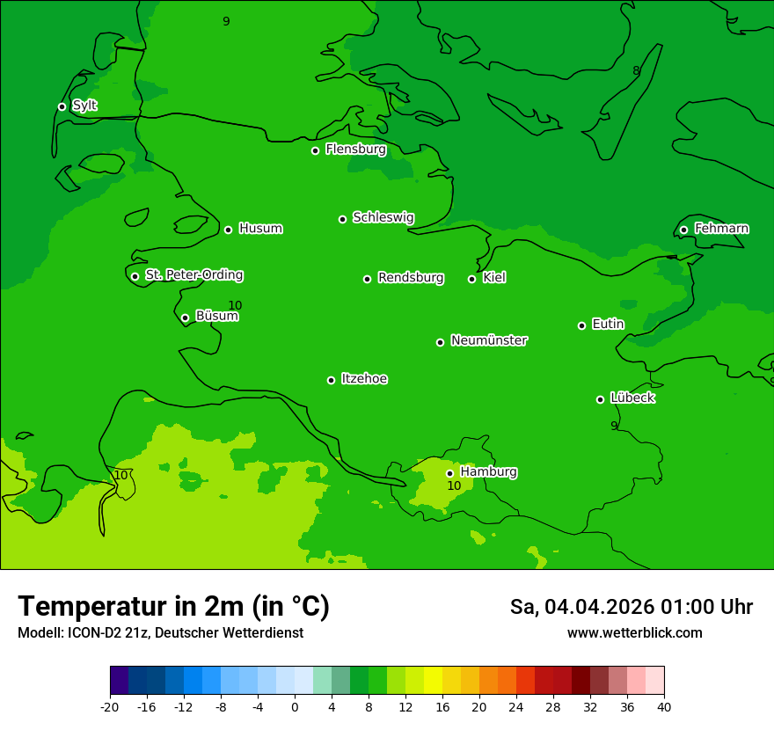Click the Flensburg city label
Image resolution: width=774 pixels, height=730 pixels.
(355, 150)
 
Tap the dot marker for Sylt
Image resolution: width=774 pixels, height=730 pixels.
(62, 106)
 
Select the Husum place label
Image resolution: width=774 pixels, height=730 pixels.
(260, 229)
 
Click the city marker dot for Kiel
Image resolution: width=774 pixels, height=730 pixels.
(471, 279)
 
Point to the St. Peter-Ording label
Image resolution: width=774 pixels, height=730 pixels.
(193, 275)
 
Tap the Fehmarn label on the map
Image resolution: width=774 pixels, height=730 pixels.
(721, 229)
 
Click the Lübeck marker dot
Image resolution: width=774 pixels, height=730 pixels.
(600, 399)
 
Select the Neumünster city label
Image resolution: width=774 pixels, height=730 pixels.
(489, 340)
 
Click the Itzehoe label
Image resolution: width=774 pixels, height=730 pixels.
(364, 379)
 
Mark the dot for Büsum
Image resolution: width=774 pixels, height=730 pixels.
(185, 318)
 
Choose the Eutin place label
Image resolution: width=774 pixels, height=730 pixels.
(608, 325)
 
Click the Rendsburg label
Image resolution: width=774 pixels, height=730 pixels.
(411, 278)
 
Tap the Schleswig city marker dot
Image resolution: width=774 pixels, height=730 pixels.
(342, 219)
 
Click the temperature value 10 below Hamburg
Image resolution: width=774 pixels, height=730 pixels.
(454, 485)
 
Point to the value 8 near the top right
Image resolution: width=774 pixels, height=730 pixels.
(636, 71)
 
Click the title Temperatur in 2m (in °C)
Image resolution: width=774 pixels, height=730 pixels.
(173, 606)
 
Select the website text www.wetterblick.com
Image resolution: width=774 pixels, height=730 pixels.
(634, 632)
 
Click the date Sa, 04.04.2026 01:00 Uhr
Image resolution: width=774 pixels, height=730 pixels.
(631, 607)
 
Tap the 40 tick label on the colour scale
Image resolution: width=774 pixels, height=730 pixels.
(663, 706)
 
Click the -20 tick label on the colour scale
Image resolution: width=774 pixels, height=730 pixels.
(110, 706)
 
